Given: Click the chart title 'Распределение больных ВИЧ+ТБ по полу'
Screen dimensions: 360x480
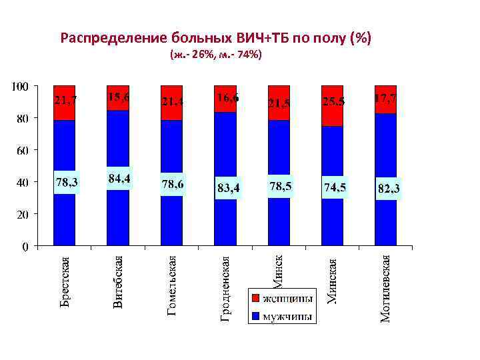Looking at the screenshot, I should click(x=215, y=37).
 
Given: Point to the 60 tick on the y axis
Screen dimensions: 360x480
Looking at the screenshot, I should click(x=22, y=151).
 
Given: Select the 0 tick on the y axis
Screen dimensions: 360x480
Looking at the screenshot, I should click(x=25, y=247).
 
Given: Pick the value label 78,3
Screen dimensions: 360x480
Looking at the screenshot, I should click(x=65, y=181).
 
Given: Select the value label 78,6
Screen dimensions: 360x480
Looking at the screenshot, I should click(x=172, y=183).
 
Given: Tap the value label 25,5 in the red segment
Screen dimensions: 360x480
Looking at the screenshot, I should click(x=333, y=101).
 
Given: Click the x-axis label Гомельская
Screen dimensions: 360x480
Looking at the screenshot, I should click(x=172, y=285).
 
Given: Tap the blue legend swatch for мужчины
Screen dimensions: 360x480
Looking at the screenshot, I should click(x=255, y=316).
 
